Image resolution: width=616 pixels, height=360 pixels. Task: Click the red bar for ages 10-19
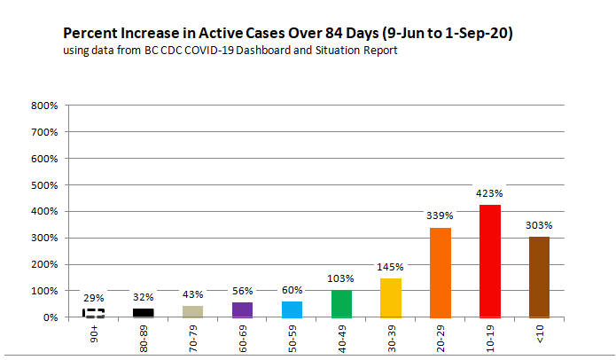point(491,261)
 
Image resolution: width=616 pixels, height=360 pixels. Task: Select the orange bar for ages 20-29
point(441,272)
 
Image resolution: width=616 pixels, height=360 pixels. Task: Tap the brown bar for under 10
point(540,277)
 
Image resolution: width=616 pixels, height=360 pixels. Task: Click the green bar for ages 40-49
point(342,303)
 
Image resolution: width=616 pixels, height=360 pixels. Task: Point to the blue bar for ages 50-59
point(292,309)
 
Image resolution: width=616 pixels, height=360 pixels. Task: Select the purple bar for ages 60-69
point(243,309)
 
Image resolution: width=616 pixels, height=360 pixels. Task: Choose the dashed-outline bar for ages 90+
point(94,313)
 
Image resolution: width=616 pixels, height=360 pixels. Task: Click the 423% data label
point(490,192)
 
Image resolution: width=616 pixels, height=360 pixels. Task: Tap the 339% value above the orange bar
point(441,215)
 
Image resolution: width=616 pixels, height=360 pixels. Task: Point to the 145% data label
point(391,266)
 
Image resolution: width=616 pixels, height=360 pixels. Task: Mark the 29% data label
point(94,297)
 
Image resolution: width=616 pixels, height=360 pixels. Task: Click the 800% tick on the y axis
point(44,106)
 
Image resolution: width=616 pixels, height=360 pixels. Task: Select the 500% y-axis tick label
point(44,185)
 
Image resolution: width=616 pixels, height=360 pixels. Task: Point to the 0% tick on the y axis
point(50,317)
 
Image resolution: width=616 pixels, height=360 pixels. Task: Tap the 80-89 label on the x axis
point(144,337)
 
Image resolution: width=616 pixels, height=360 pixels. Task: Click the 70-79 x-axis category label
point(194,337)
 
